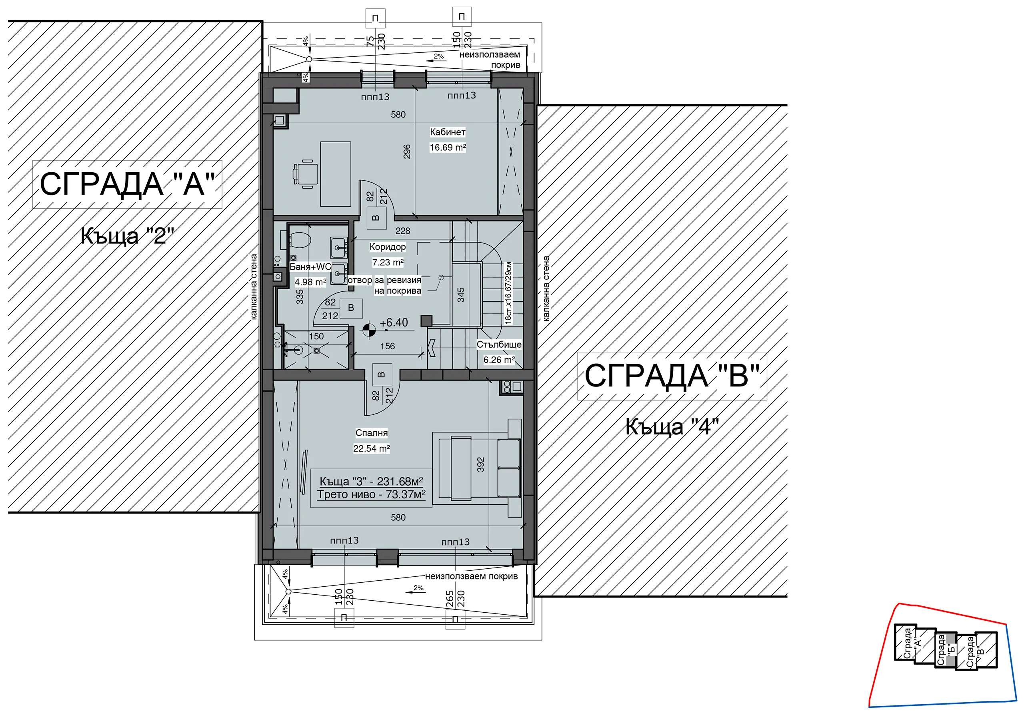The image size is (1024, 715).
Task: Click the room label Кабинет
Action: (447, 132)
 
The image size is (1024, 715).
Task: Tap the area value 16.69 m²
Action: (447, 147)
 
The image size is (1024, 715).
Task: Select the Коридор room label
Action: (388, 247)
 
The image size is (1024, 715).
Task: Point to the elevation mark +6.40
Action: (394, 323)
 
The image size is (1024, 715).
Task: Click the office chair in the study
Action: (305, 174)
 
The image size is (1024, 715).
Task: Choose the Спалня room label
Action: (372, 432)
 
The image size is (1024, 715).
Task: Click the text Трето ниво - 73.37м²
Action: (371, 494)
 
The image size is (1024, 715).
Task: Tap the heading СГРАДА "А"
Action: (128, 184)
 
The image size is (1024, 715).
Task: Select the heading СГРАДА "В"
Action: (672, 376)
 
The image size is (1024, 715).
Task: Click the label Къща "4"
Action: (672, 426)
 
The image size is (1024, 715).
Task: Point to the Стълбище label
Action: (499, 345)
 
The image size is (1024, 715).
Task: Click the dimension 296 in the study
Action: (406, 151)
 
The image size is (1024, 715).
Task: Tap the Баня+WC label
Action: (310, 267)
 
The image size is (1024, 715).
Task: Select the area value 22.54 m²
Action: (372, 448)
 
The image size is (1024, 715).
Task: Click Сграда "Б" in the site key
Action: (946, 650)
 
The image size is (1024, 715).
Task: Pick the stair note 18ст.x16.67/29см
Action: (508, 293)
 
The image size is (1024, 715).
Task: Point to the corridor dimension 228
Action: (403, 231)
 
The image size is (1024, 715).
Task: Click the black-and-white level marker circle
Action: (369, 330)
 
